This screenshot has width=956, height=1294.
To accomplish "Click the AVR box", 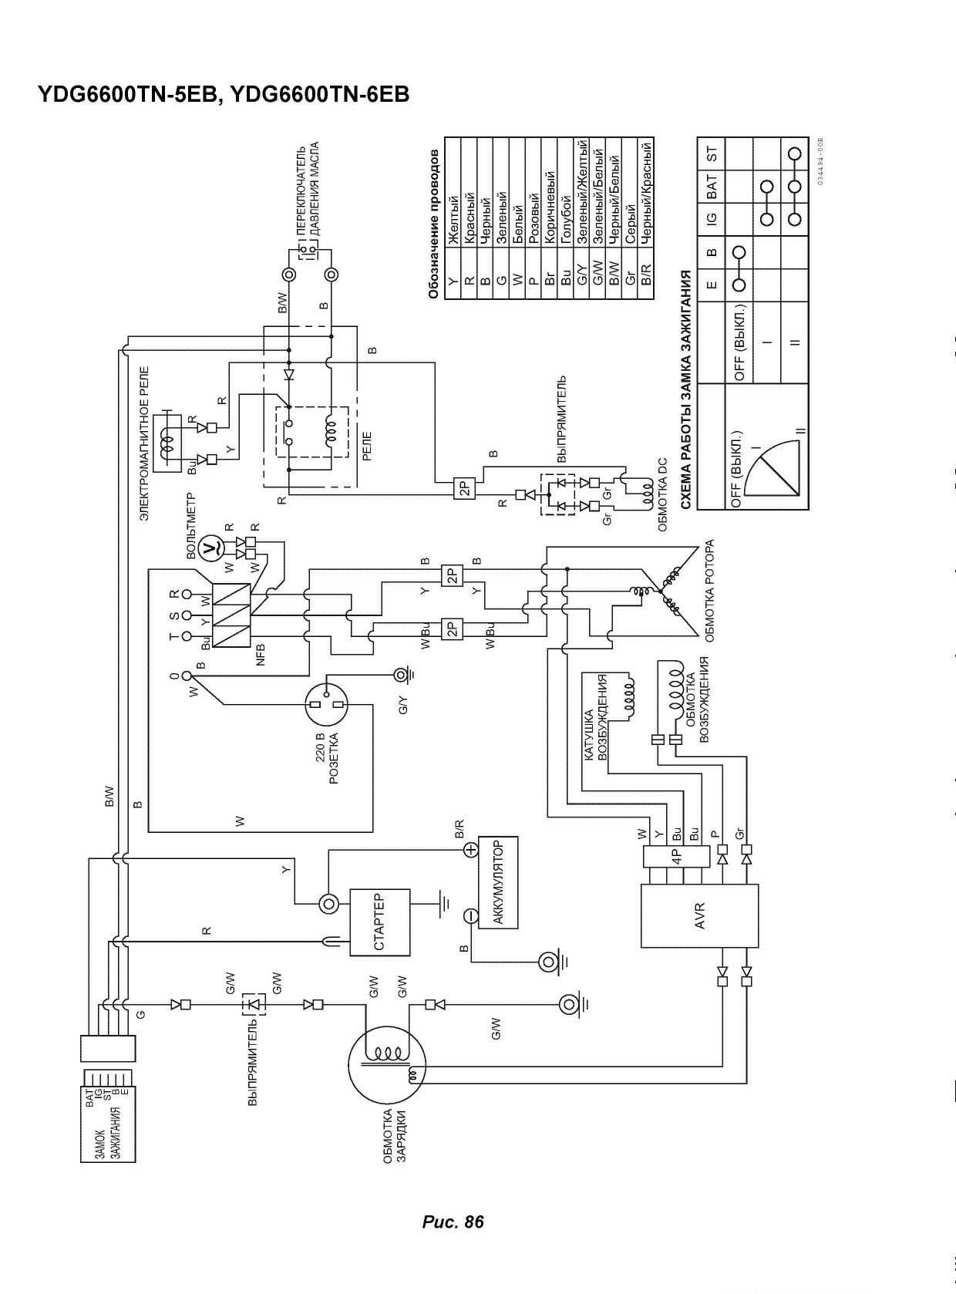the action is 699,915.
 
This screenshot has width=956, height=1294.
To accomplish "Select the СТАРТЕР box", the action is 380,922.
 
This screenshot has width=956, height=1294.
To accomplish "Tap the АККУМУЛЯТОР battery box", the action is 497,882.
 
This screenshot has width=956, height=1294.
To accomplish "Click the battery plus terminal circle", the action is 470,851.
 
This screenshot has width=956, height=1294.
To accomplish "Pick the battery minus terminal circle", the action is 470,915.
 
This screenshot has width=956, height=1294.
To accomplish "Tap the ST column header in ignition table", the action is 712,154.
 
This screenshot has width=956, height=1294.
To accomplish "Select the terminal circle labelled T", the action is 187,636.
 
